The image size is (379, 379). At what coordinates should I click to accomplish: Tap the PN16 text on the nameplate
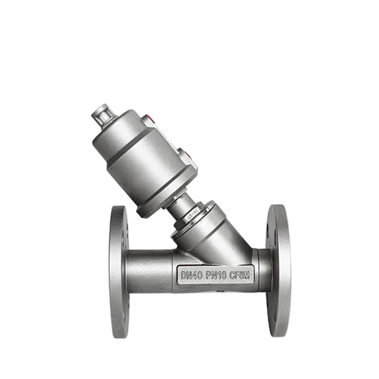216,274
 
